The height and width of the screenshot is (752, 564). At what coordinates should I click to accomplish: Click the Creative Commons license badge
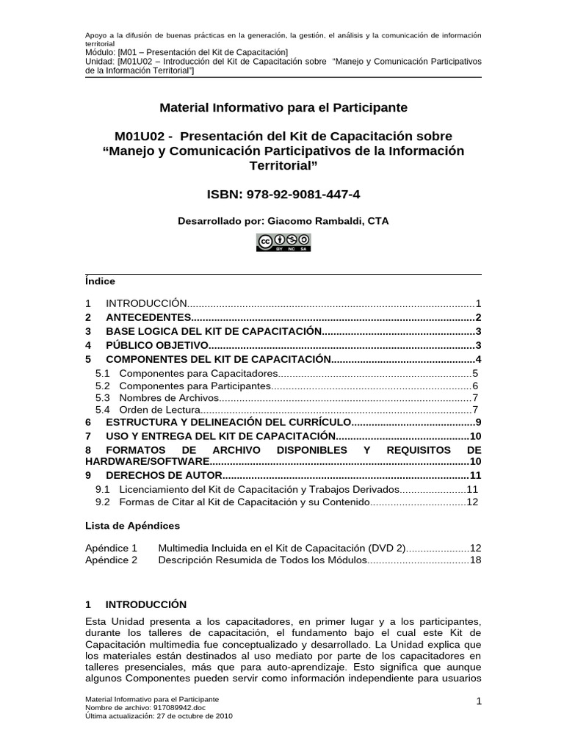click(x=283, y=242)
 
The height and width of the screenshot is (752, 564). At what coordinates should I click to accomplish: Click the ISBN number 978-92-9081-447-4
click(x=308, y=195)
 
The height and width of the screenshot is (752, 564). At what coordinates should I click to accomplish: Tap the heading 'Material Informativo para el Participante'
click(x=283, y=108)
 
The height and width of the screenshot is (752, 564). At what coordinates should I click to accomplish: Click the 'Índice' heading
click(x=100, y=281)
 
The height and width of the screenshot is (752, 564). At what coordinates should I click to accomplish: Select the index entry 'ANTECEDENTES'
click(x=148, y=317)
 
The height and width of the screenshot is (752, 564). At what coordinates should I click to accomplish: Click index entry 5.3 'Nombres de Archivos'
click(x=169, y=397)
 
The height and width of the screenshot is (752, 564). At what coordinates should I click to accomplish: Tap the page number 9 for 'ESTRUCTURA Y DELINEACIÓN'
click(x=477, y=422)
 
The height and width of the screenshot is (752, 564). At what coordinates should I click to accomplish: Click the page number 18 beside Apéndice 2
click(x=474, y=560)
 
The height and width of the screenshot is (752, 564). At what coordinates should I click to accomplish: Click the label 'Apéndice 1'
click(x=112, y=548)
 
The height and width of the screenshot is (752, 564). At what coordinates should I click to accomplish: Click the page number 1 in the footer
click(x=478, y=702)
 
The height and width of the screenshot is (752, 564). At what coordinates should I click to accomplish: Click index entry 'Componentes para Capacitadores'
click(x=198, y=374)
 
